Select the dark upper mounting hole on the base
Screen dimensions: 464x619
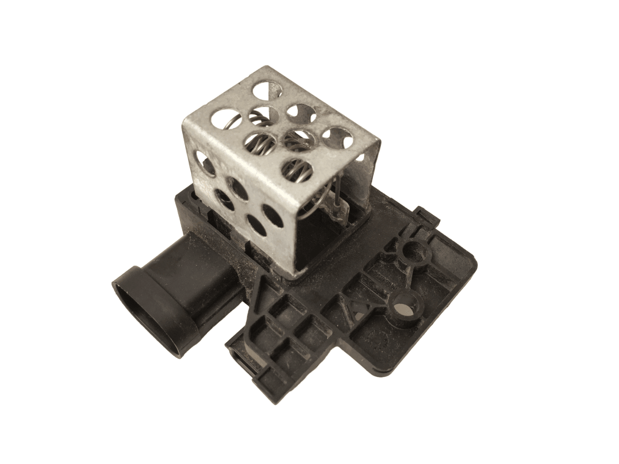[x=413, y=250]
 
